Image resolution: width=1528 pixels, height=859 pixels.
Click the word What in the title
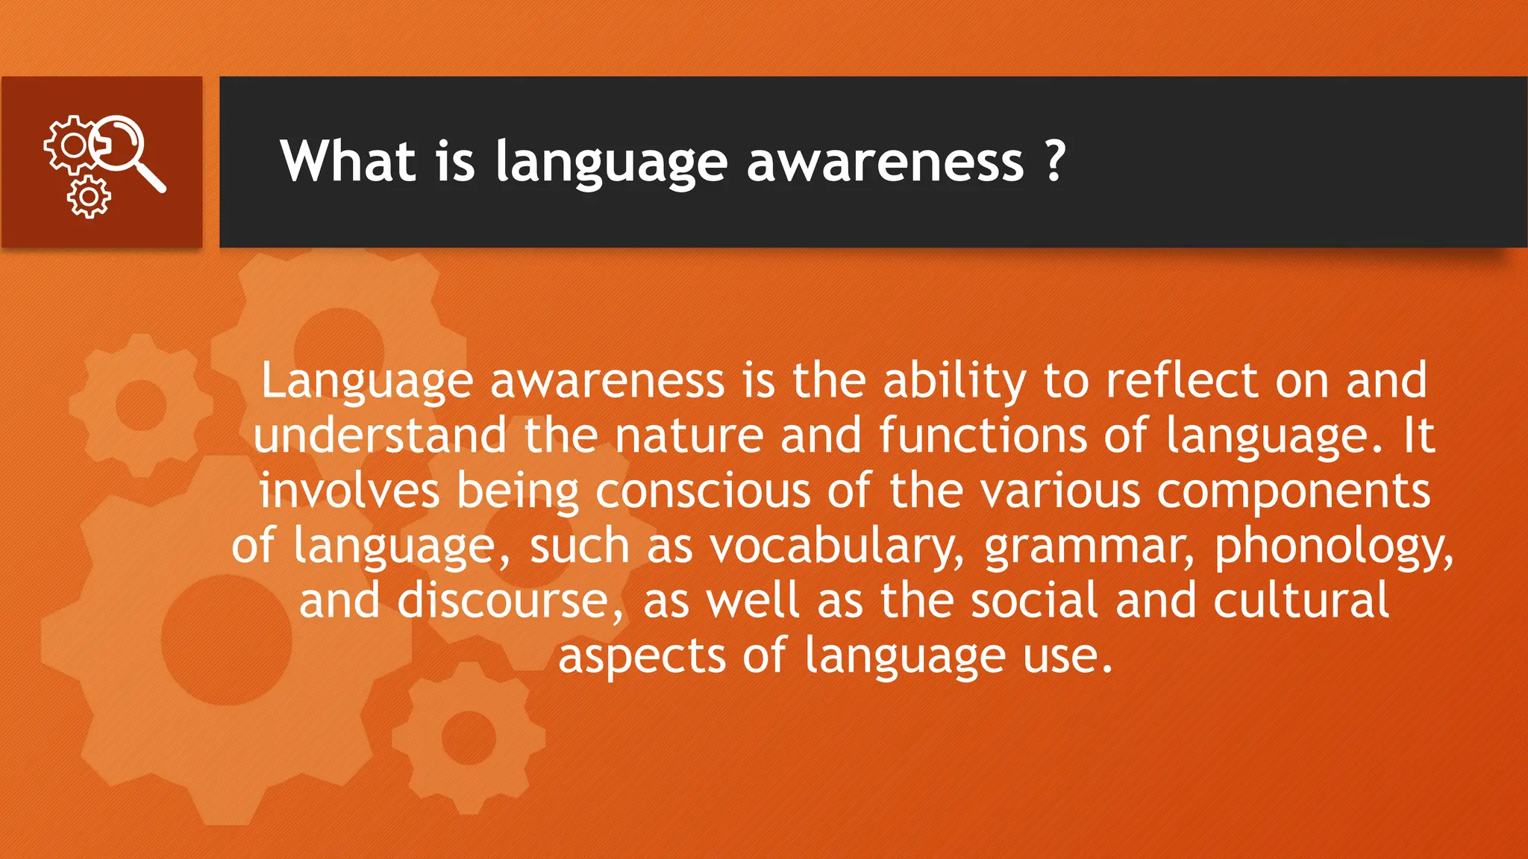click(x=348, y=161)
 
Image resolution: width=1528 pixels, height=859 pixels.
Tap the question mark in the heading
click(x=1054, y=161)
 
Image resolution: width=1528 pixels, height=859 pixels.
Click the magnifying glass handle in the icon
click(x=151, y=177)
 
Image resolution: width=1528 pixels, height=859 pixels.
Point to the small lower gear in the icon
click(x=89, y=198)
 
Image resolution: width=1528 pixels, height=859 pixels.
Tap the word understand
click(x=380, y=435)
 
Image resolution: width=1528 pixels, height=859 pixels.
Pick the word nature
click(x=689, y=435)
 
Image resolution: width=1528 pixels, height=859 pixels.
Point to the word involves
click(x=349, y=491)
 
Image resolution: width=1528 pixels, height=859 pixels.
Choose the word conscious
click(x=703, y=491)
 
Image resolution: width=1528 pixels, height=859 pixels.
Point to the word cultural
click(x=1300, y=601)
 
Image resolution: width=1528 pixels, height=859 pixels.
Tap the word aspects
click(x=642, y=657)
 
